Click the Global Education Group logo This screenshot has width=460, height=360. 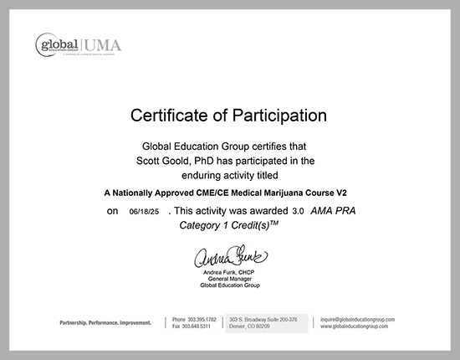point(59,44)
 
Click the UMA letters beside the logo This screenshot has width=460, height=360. point(102,44)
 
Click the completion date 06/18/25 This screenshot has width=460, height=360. point(144,212)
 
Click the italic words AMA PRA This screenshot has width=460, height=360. point(333,211)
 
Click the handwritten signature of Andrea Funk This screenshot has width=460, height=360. point(230,255)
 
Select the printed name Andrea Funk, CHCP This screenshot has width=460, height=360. point(230,272)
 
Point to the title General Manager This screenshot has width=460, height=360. point(230,279)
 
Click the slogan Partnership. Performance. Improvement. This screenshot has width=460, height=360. point(105,321)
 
